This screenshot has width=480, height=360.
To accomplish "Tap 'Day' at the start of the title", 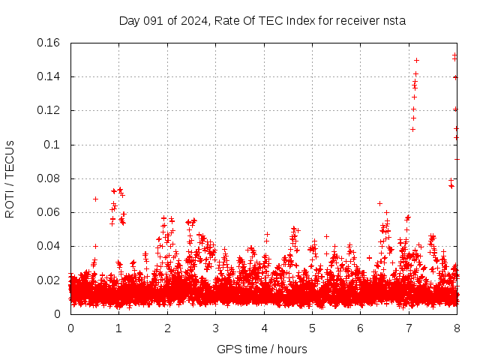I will point(130,21).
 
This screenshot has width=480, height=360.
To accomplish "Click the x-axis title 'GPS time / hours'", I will point(262,349).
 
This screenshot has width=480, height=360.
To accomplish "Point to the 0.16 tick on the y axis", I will point(49,43).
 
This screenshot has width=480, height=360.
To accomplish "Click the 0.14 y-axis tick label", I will point(49,76).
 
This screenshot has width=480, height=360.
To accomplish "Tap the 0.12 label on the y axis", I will point(49,110).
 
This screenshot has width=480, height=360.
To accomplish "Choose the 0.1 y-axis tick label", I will point(53,145).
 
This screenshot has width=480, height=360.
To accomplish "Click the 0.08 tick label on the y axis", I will point(49,178).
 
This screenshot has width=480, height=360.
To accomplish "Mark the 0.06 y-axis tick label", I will point(49,212).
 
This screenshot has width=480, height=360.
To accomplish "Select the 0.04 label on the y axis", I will point(49,246).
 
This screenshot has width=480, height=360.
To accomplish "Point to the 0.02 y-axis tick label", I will point(49,280).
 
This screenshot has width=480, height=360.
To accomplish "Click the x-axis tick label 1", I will point(118,328).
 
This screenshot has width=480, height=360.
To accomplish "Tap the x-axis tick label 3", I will point(215,328).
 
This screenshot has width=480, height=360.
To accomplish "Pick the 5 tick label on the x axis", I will point(312,328).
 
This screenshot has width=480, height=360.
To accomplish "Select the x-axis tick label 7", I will point(409,328).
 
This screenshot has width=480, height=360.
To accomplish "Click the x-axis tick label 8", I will point(457,328).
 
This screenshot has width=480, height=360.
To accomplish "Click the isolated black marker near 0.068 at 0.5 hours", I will point(95,199).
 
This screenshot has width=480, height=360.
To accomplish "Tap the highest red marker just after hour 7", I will point(416,60).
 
